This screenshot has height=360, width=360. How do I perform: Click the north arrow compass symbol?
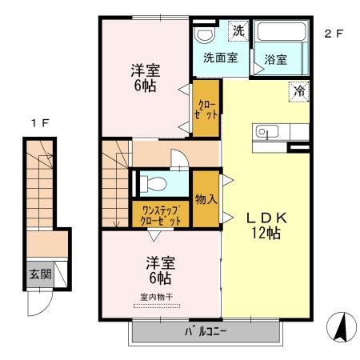[342, 327]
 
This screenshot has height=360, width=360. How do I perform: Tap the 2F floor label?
[334, 34]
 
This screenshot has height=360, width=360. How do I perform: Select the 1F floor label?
[40, 123]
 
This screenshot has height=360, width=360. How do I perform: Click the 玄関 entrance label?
[40, 274]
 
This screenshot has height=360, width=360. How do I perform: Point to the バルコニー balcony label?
[206, 331]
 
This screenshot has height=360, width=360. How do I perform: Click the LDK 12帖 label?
[266, 226]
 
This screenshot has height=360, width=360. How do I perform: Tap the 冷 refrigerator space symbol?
[299, 91]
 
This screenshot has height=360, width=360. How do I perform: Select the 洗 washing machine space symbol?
[238, 31]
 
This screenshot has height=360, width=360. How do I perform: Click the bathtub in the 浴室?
[282, 31]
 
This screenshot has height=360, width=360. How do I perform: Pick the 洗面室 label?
[221, 58]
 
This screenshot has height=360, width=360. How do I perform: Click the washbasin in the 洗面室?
[204, 36]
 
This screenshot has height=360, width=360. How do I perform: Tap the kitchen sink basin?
[267, 131]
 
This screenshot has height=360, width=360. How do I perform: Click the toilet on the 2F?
[154, 184]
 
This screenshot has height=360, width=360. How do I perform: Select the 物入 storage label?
[206, 199]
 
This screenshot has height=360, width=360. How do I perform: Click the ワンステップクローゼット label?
[161, 216]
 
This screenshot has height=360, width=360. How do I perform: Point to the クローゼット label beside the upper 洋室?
[206, 110]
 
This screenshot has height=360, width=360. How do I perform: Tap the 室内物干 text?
[157, 297]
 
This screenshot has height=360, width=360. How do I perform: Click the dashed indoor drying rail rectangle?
[157, 306]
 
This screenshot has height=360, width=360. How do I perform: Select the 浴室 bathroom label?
[276, 59]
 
